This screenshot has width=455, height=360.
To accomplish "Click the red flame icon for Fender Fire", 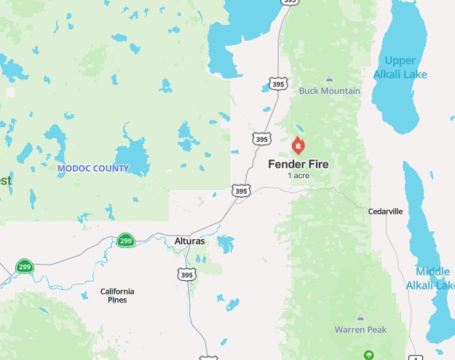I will pos(298,146).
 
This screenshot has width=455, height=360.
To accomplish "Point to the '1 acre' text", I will pos(298,176).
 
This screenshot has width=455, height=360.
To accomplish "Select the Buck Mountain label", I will pos(330,91).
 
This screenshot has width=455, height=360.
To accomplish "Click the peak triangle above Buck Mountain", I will pos(330,79).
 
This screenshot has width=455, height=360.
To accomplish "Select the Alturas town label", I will pos(190,241).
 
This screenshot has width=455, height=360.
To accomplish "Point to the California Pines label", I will pos(117,295).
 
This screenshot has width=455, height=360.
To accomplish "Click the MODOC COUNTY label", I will pos(92,169).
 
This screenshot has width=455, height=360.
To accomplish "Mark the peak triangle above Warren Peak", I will pos(360,317).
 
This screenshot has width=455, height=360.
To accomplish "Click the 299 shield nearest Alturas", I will pos(126,241).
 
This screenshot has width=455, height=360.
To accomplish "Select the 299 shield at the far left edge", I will pos(25,266).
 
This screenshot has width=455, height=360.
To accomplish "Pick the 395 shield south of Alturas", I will pos(186,274).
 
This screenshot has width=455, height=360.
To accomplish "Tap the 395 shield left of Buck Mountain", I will pos(278,84).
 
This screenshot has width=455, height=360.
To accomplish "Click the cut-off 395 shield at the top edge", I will pos(289,2).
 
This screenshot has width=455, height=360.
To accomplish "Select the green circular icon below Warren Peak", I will pos(369,355).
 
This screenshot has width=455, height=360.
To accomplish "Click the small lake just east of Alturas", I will pos(226,242).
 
